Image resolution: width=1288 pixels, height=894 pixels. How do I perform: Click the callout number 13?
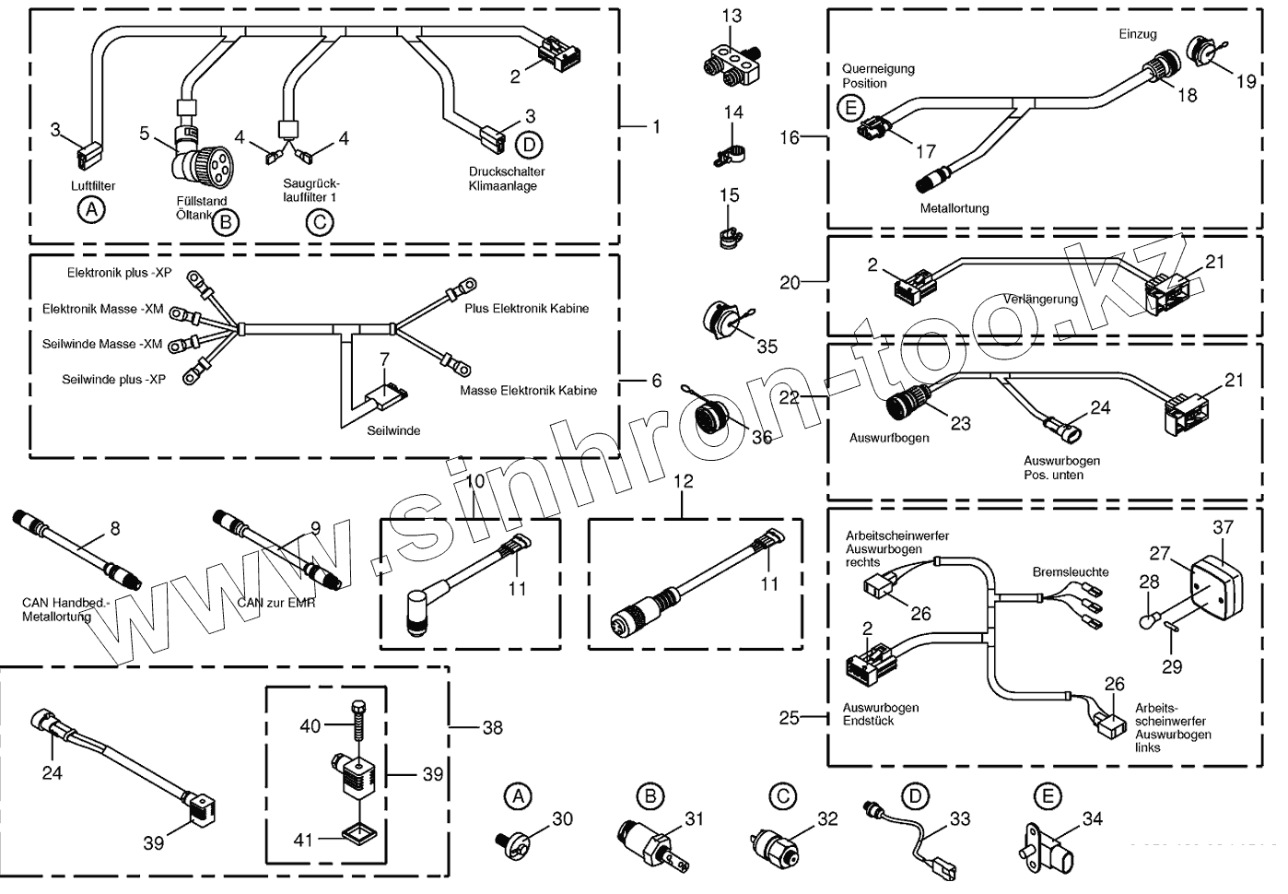tap(732, 16)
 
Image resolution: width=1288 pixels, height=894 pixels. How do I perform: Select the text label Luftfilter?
tap(93, 186)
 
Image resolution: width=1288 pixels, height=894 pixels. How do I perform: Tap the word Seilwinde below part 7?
tap(393, 430)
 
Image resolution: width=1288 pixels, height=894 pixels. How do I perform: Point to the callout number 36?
tap(761, 437)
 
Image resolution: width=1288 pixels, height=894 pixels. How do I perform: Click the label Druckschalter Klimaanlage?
tap(507, 179)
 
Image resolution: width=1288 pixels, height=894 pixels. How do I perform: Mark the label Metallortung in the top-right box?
tap(954, 208)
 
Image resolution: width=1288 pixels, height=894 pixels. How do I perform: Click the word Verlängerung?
tap(1040, 300)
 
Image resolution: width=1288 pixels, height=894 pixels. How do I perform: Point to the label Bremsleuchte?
tap(1071, 572)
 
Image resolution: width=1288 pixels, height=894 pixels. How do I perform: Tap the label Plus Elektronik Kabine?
tap(526, 309)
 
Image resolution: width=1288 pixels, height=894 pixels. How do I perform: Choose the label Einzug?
tap(1137, 34)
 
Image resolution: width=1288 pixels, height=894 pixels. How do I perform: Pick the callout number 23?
tap(961, 423)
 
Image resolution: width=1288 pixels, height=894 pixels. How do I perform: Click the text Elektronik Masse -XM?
tap(102, 310)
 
